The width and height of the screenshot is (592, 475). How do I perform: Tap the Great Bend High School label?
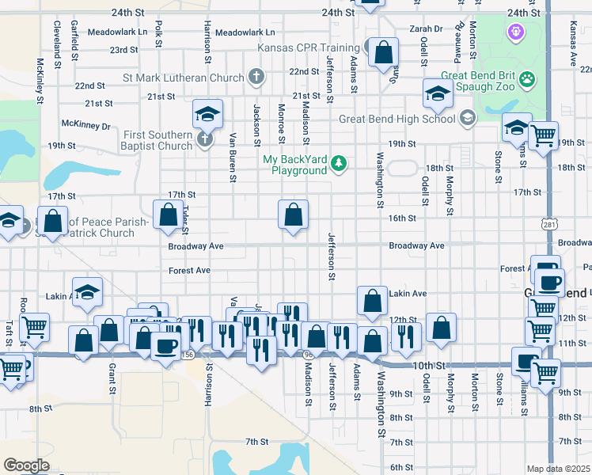[397, 119]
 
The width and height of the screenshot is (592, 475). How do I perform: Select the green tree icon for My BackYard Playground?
[339, 163]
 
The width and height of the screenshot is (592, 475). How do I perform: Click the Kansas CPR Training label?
[309, 47]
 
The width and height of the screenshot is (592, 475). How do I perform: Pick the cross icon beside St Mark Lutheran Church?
[255, 78]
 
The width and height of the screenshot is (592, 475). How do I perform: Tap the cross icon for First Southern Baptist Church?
[204, 140]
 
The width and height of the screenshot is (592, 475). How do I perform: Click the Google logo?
[26, 465]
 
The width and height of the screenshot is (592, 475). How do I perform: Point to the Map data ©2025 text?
[559, 469]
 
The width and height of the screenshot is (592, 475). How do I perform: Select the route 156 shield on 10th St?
[188, 355]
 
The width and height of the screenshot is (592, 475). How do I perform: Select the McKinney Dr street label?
[86, 125]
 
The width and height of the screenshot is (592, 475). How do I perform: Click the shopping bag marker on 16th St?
[293, 214]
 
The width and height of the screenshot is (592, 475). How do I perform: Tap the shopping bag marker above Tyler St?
[168, 214]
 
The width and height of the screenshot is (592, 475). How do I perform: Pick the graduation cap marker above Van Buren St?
[207, 114]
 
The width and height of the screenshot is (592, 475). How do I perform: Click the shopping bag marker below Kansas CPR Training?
[383, 53]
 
